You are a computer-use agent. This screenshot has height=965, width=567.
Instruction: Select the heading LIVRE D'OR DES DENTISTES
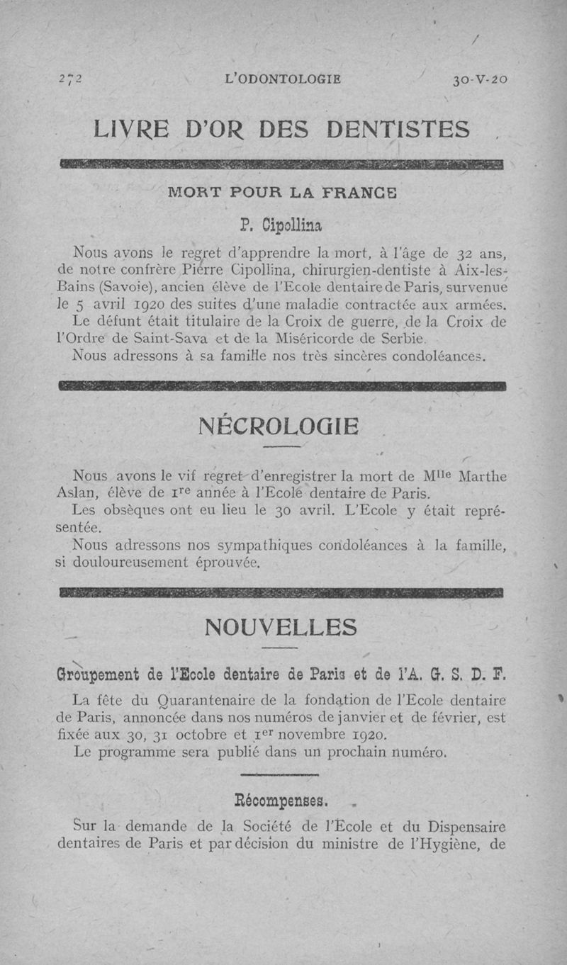283,130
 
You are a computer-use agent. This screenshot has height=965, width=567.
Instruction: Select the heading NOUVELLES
281,627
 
